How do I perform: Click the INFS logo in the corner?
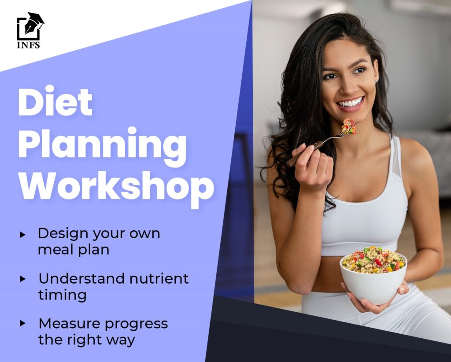(x=30, y=30)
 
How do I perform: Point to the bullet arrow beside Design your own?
(x=23, y=235)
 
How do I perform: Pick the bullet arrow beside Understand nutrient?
(x=23, y=279)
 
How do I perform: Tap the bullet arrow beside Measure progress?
(x=23, y=323)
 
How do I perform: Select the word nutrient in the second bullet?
(x=159, y=279)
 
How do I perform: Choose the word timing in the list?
(x=63, y=296)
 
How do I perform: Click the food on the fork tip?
(x=349, y=126)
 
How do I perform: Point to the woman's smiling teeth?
(x=351, y=102)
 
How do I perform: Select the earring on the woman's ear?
(x=377, y=80)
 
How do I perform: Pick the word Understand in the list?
(x=81, y=279)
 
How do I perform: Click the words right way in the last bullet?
(x=101, y=340)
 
